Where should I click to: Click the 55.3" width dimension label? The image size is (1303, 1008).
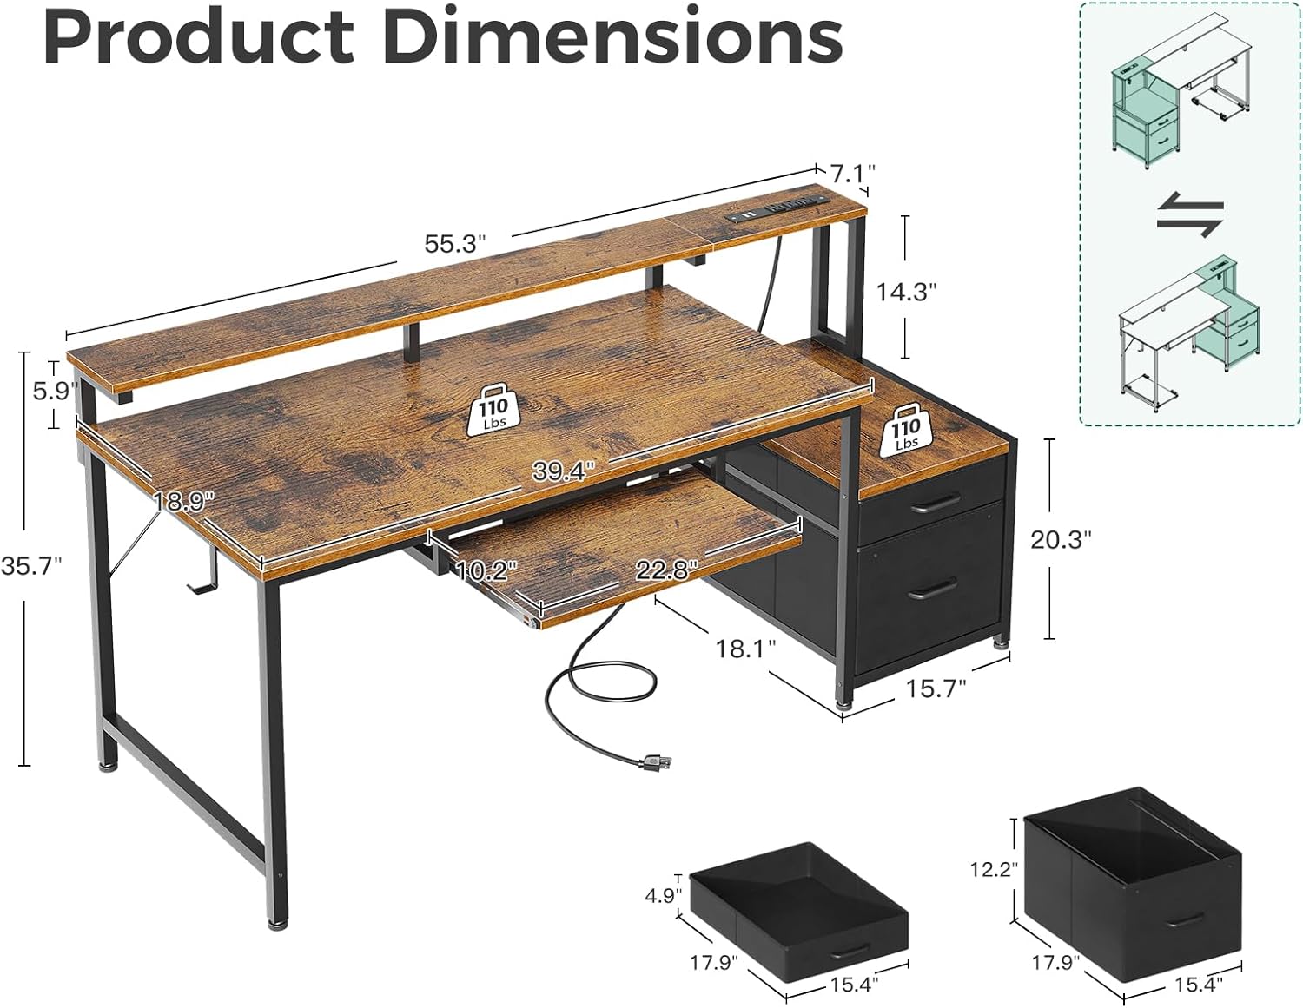point(454,244)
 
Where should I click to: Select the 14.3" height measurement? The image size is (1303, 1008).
point(905,292)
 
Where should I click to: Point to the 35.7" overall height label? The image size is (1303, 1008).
point(32,566)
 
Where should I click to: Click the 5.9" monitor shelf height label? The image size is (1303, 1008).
point(50,392)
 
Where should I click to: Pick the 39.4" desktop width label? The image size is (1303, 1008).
point(564,471)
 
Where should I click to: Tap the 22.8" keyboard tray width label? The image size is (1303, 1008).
point(666,570)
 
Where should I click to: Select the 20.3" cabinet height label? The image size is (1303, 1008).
point(1060,539)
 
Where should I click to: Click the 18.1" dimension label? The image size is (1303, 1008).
point(746,648)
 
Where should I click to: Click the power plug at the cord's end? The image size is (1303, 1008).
point(656,763)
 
